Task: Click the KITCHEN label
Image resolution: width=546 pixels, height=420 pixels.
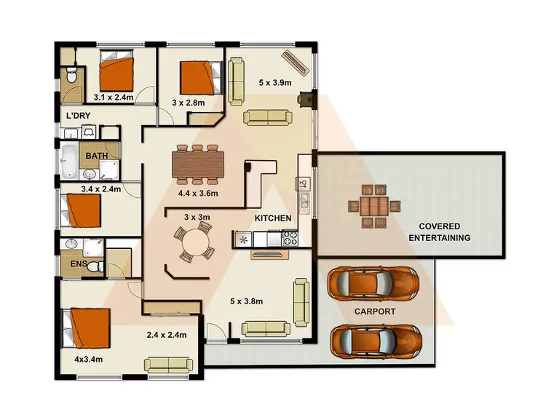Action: point(272,218)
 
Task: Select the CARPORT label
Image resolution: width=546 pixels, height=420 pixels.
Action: point(374,311)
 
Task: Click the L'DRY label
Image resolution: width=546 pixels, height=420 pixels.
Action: point(78,116)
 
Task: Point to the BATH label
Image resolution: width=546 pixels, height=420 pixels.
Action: point(98,156)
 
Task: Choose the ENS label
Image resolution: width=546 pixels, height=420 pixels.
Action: point(79,263)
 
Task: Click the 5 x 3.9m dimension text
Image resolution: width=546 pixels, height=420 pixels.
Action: point(274,83)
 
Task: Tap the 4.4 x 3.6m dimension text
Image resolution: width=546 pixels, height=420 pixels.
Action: point(198,194)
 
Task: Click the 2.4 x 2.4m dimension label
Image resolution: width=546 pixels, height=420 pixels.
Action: point(167,335)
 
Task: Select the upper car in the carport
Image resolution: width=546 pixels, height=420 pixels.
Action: point(373,284)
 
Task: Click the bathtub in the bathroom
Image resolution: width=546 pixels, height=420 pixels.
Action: point(68,162)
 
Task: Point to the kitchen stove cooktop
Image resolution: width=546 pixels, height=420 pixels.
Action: point(289,237)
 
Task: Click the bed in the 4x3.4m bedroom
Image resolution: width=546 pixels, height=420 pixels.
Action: point(87,330)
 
